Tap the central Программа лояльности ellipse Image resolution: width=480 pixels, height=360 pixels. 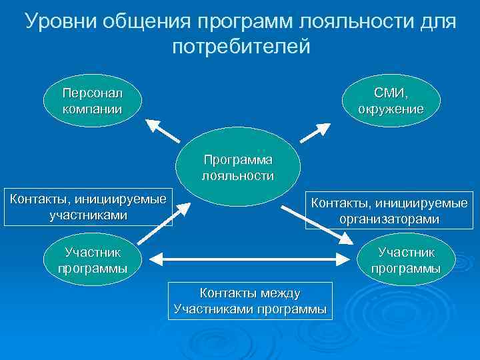click(238, 168)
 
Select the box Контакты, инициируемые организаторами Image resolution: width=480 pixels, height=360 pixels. click(387, 211)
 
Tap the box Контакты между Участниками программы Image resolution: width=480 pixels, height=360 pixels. click(250, 301)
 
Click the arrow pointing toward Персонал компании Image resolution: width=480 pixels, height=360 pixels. click(163, 130)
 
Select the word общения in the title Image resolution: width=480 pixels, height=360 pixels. click(148, 22)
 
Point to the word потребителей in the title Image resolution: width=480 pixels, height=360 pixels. click(241, 47)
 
